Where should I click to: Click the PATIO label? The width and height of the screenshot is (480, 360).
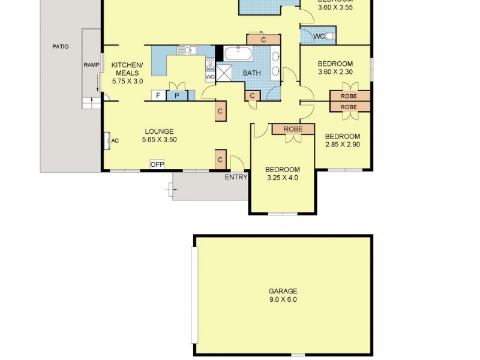coord(60,46)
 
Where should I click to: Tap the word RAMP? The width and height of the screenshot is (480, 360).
coord(91,65)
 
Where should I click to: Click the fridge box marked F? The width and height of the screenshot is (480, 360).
coord(158,95)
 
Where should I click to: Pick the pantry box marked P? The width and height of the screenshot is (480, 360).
coord(177,95)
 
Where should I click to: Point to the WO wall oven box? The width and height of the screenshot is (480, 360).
coord(210,77)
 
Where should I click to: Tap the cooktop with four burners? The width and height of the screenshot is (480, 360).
coord(210,63)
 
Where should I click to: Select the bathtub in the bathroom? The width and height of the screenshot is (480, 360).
coord(238,53)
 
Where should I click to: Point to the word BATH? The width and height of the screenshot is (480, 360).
coord(251,74)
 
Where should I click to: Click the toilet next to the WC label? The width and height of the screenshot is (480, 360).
coord(330,37)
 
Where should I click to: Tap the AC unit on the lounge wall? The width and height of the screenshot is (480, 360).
coord(106,140)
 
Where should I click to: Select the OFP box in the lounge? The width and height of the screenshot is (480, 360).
coord(157,164)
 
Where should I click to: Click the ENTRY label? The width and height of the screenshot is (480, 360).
coord(236,177)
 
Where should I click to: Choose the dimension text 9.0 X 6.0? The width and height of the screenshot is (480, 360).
coord(283,299)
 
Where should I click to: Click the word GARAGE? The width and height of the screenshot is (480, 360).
coord(283,292)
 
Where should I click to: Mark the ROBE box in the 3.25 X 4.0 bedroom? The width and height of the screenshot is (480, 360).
coord(293,129)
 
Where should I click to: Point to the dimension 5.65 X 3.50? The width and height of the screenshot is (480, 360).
coord(159,140)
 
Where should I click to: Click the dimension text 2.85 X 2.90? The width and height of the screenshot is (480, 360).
coord(343,145)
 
